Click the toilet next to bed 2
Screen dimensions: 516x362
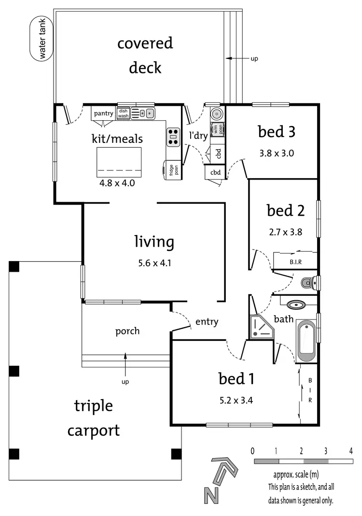(308, 282)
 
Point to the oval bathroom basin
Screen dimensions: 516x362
(295, 305)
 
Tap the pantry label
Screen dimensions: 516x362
(103, 114)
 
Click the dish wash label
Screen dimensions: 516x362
(123, 113)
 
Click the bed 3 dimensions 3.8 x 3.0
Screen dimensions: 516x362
(276, 154)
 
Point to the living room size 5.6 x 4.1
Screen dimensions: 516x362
(153, 264)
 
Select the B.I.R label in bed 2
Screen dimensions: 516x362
(296, 262)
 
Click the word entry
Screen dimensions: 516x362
(207, 322)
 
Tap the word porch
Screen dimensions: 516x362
(127, 331)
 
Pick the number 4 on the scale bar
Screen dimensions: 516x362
(350, 451)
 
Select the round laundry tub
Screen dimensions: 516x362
(216, 115)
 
